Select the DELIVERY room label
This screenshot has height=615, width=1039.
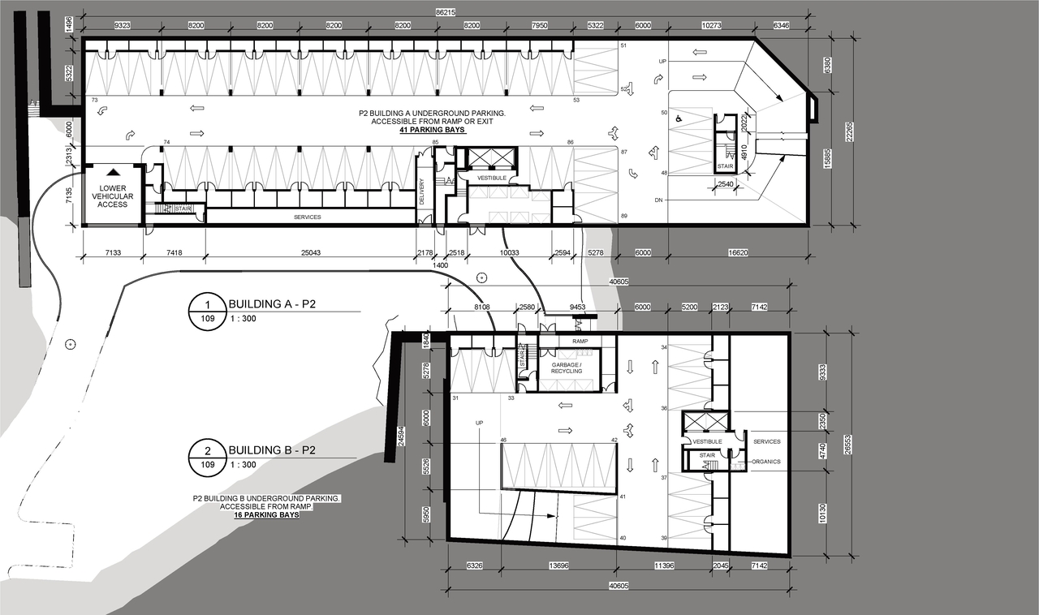tap(422, 192)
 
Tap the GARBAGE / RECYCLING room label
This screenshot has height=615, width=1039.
tap(572, 367)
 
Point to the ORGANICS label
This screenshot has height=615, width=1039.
tap(765, 462)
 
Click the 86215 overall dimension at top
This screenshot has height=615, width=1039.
tap(445, 13)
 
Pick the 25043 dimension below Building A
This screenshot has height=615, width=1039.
tap(310, 253)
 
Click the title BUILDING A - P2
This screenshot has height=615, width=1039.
tap(272, 304)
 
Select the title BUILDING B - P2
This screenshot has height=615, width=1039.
tap(272, 450)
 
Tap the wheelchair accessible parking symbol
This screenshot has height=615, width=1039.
tap(680, 118)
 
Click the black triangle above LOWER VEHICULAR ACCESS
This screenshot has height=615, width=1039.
tap(113, 172)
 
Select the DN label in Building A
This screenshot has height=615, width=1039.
tap(659, 200)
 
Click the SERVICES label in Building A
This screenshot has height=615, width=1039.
tap(308, 217)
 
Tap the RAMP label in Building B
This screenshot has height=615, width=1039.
tap(580, 342)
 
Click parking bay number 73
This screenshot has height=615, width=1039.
tap(95, 100)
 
